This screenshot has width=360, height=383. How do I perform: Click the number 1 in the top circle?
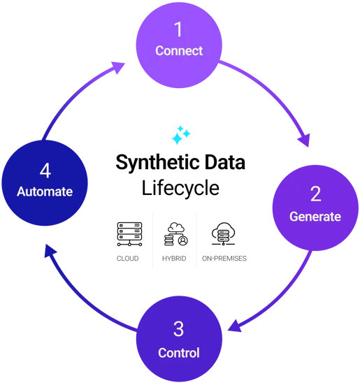pyautogui.click(x=179, y=29)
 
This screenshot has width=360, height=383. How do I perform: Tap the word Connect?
pyautogui.click(x=179, y=51)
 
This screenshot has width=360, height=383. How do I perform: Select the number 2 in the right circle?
pyautogui.click(x=315, y=194)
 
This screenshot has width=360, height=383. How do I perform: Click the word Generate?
pyautogui.click(x=315, y=217)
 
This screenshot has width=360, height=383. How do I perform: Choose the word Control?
pyautogui.click(x=179, y=352)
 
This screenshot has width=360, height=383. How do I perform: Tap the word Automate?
pyautogui.click(x=44, y=191)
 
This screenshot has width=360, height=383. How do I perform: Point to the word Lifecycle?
pyautogui.click(x=180, y=188)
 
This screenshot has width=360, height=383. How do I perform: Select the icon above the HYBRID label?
pyautogui.click(x=175, y=234)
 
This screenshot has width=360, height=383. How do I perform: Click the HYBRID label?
pyautogui.click(x=175, y=259)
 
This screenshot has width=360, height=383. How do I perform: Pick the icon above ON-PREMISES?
pyautogui.click(x=224, y=234)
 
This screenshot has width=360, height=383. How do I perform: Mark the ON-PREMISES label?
pyautogui.click(x=224, y=259)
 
